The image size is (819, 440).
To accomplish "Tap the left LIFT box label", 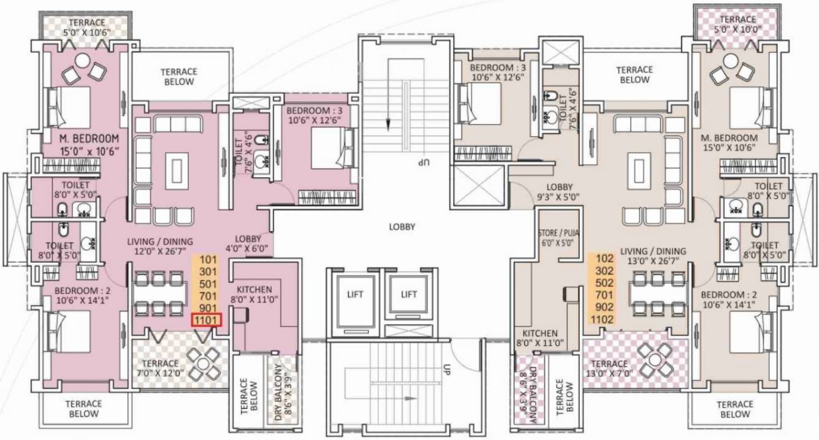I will [354, 294].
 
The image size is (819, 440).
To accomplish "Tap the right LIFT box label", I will [409, 294].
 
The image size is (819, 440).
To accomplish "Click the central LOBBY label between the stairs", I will [402, 227].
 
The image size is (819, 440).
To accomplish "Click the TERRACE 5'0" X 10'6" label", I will [86, 28].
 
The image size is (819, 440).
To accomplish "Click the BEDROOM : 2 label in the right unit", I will [730, 299].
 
